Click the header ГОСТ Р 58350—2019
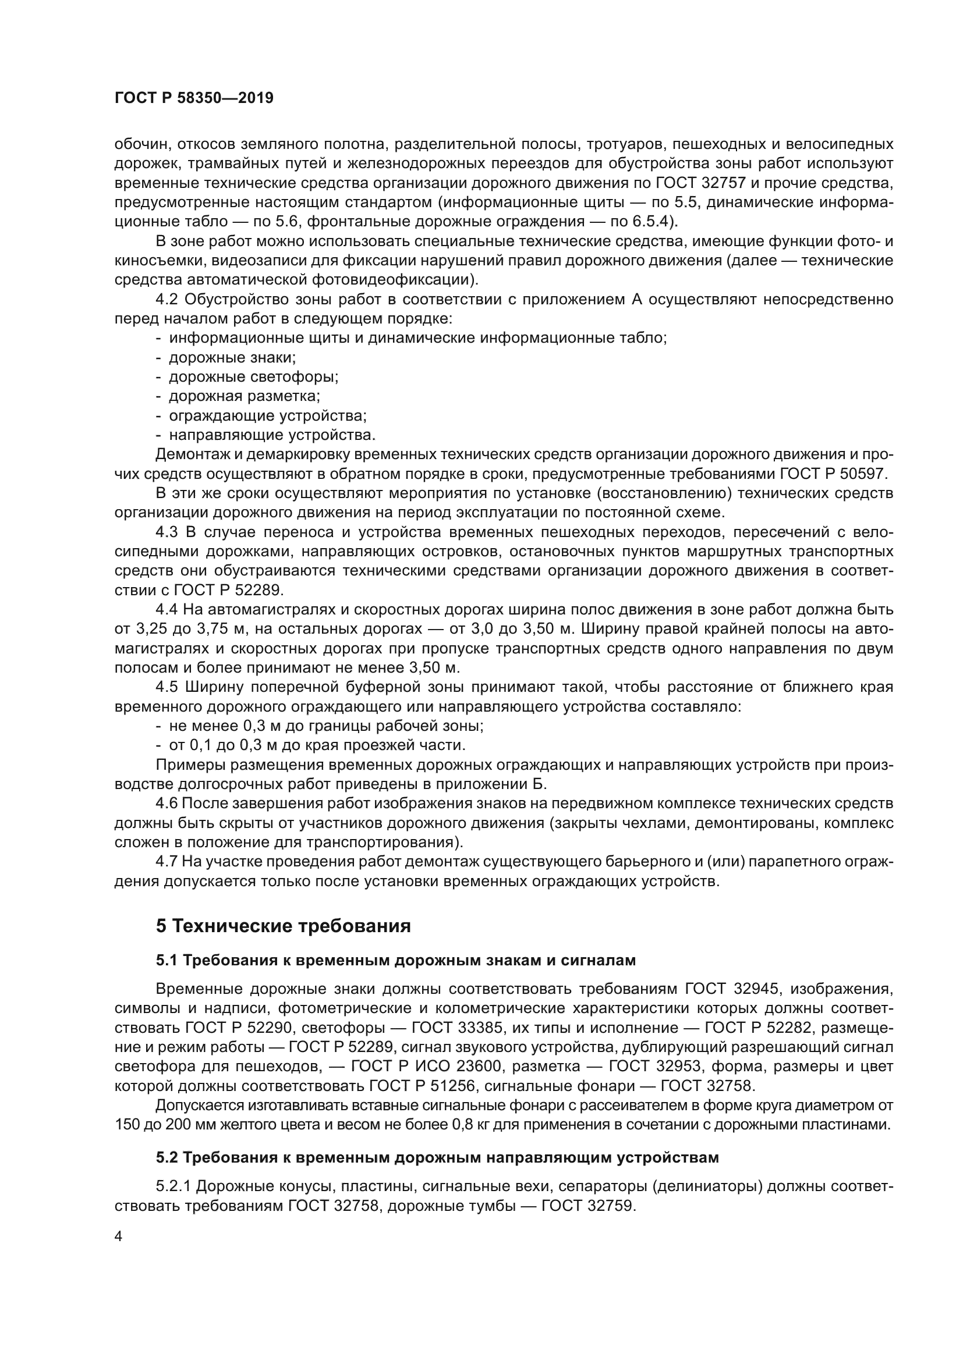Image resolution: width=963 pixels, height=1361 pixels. point(194,98)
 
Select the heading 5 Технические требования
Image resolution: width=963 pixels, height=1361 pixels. point(284,925)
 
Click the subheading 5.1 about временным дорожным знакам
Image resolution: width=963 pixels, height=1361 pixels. point(395,960)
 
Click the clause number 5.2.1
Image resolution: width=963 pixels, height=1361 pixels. point(173,1186)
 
